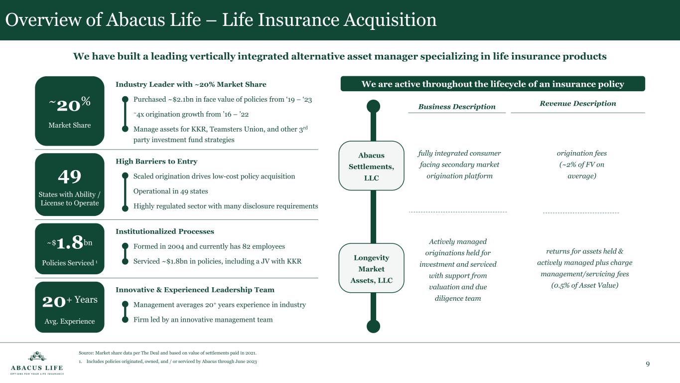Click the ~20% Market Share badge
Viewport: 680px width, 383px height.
pos(69,111)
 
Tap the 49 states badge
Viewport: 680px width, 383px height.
pos(69,185)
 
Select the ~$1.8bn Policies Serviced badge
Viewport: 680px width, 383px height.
pos(69,248)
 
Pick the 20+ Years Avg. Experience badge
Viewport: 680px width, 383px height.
pos(69,307)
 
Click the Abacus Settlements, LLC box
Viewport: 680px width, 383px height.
pos(371,166)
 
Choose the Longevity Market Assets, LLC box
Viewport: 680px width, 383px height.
pos(371,268)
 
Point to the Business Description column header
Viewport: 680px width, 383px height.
pos(457,106)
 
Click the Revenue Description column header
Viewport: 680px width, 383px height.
pos(578,104)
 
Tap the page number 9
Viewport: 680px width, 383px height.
pos(648,364)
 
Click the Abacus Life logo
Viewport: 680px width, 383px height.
pos(37,363)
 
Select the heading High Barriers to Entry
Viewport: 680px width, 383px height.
pos(156,162)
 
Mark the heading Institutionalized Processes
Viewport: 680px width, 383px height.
pos(165,231)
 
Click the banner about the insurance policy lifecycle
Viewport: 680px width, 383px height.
pos(493,84)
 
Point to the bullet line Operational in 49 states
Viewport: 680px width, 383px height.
pos(170,191)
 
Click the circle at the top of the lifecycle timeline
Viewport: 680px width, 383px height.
pos(373,106)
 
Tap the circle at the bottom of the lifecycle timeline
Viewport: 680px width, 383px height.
pos(373,326)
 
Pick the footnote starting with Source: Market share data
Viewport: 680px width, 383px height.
pos(167,353)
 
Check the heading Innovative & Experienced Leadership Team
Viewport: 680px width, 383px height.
pos(195,290)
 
